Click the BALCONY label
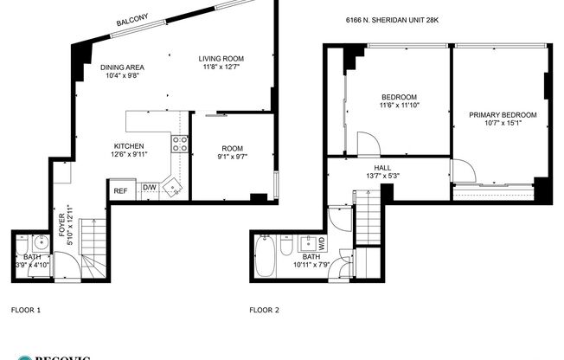pos(132,20)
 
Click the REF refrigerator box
pos(120,190)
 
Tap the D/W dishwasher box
pos(149,188)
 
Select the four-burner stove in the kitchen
pos(180,144)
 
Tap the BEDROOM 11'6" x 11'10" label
pos(399,100)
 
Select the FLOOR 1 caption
pos(25,309)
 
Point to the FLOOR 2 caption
pos(264,309)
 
